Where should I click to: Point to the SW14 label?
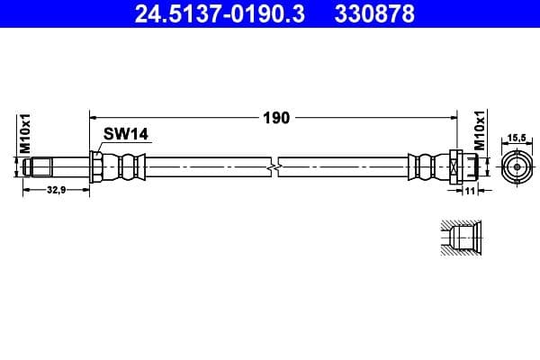coord(125,134)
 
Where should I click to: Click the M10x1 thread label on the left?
coord(26,132)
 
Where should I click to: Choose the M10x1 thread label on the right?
coord(481,131)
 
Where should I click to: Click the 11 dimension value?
coord(470,191)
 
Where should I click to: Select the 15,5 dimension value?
coord(517,137)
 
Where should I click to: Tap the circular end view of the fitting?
coord(517,167)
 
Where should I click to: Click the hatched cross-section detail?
coord(460,238)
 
